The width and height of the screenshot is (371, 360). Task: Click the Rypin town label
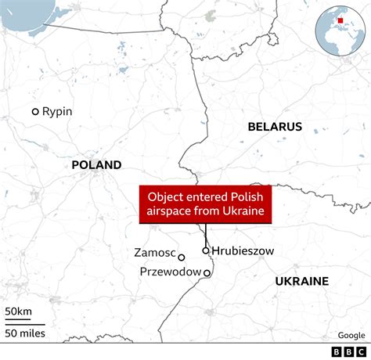[x=57, y=112]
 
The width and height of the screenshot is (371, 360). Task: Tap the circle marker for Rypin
[x=35, y=112]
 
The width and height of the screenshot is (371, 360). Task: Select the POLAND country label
[x=96, y=165]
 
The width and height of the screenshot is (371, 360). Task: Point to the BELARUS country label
[x=275, y=127]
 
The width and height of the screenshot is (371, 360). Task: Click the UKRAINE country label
[x=301, y=281]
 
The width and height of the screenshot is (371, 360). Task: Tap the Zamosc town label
[x=154, y=254]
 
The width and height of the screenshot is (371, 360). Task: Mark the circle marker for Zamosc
[x=182, y=257]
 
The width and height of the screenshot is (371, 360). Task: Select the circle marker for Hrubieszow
[x=206, y=250]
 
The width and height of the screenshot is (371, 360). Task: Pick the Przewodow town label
[x=169, y=272]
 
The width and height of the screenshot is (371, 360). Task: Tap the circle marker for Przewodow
[x=207, y=273]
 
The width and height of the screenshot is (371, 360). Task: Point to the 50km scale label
[x=19, y=311]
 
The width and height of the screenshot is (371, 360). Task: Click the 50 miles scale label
[x=25, y=334]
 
